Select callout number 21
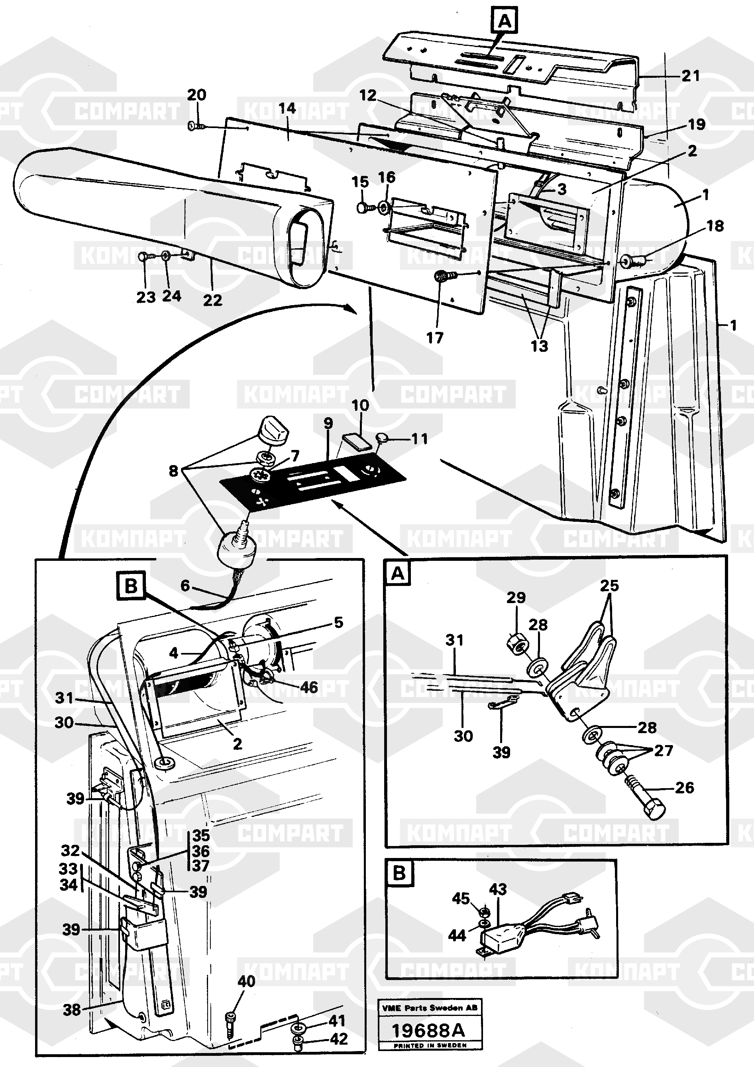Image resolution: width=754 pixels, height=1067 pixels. pos(690,76)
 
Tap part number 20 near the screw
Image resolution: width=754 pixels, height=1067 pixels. pos(196,95)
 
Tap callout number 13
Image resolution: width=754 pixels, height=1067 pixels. pos(539,346)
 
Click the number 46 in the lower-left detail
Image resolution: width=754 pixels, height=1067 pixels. pos(309,687)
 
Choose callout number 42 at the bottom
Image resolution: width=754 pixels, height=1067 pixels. pos(338,1039)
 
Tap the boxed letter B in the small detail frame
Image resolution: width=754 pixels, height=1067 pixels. pos(399,873)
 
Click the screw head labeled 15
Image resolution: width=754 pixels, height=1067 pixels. pos(363,207)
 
